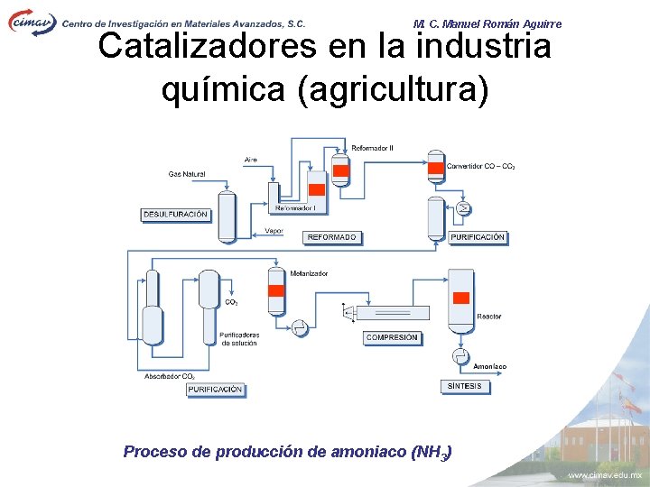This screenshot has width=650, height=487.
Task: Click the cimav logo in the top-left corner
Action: pyautogui.click(x=32, y=21)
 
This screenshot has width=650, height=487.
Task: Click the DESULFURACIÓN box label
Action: pyautogui.click(x=175, y=215)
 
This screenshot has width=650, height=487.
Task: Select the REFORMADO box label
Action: pyautogui.click(x=332, y=237)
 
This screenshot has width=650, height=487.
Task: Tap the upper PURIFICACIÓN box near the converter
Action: pyautogui.click(x=478, y=237)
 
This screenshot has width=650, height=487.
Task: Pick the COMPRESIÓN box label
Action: pyautogui.click(x=392, y=337)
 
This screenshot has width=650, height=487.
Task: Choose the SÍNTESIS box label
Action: pyautogui.click(x=465, y=386)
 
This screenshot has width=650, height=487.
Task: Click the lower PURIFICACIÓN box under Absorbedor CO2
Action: pyautogui.click(x=216, y=390)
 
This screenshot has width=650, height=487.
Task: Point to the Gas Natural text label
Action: pyautogui.click(x=186, y=174)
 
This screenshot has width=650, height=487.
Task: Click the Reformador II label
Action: pyautogui.click(x=372, y=148)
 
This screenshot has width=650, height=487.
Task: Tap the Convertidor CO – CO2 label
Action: pyautogui.click(x=481, y=167)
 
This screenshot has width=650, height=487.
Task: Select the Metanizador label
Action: pyautogui.click(x=309, y=273)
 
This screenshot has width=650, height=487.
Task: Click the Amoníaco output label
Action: pyautogui.click(x=489, y=366)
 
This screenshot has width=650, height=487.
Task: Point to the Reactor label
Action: pyautogui.click(x=489, y=317)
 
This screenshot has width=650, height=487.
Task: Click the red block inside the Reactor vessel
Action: pyautogui.click(x=460, y=299)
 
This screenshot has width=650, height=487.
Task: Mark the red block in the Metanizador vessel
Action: pyautogui.click(x=276, y=290)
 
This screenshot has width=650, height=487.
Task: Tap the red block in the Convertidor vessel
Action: pyautogui.click(x=436, y=167)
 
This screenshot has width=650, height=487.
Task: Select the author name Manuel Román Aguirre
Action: pyautogui.click(x=501, y=23)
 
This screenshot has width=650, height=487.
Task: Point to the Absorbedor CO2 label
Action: pyautogui.click(x=170, y=376)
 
